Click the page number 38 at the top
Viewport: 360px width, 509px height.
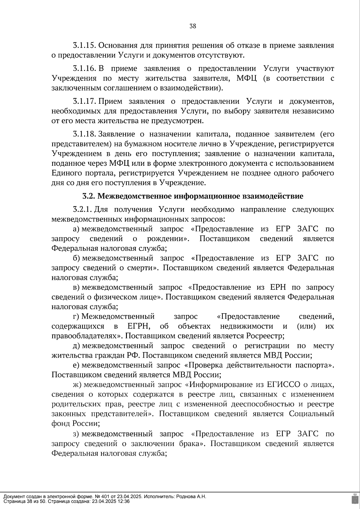193,26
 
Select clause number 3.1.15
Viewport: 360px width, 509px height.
84,46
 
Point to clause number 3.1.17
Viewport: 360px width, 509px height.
84,101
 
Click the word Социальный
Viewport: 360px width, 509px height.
311,414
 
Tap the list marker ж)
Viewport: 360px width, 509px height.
78,385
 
